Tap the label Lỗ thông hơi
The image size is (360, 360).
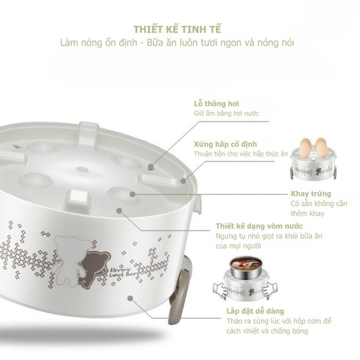(212, 103)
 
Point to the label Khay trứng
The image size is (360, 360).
(308, 194)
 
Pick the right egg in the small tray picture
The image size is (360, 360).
(320, 148)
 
